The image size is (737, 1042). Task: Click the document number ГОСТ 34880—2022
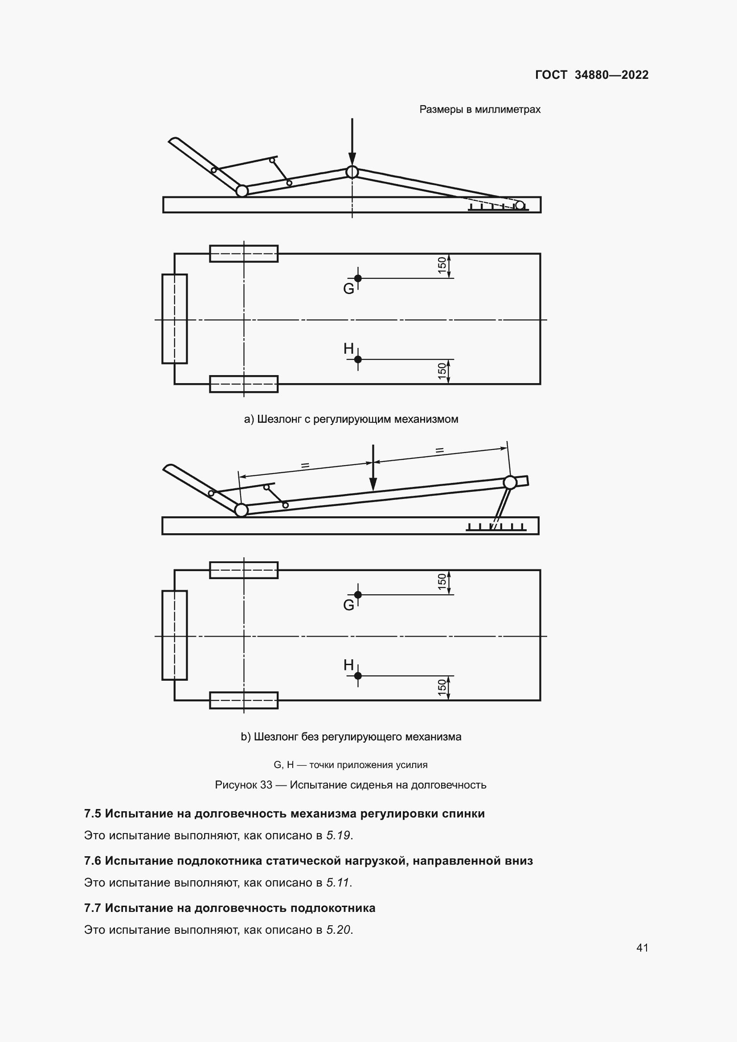click(x=591, y=75)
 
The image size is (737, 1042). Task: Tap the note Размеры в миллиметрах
click(x=480, y=110)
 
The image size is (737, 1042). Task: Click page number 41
click(x=642, y=948)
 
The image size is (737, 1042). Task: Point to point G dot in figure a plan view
click(x=358, y=278)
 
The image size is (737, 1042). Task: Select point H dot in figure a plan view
click(x=358, y=360)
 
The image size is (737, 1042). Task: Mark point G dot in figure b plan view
click(x=358, y=595)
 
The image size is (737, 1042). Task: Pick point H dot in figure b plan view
click(x=358, y=676)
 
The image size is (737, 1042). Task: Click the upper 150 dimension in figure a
click(x=442, y=266)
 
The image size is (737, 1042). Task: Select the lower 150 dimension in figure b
click(x=442, y=687)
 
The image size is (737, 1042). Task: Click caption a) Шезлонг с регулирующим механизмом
click(x=351, y=419)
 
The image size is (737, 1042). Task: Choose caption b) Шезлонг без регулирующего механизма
click(x=351, y=736)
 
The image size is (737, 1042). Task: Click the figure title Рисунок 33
click(x=244, y=785)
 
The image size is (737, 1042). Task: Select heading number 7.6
click(x=93, y=861)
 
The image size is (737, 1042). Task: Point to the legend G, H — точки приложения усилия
click(x=350, y=765)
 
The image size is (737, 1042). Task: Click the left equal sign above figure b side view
click(x=305, y=465)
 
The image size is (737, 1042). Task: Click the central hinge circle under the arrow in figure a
click(x=352, y=172)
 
